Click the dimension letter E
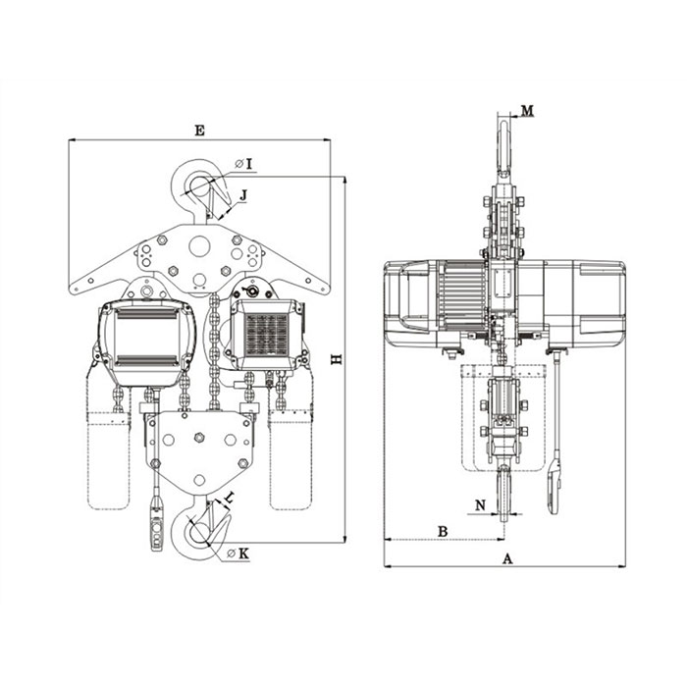[199, 131]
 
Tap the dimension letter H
[337, 359]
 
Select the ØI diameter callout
[244, 164]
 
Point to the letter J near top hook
[243, 195]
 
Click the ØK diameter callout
[238, 554]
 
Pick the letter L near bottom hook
[230, 497]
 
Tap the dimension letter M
[528, 110]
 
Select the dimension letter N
[481, 505]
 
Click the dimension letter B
[443, 532]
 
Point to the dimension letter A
[507, 558]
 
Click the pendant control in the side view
[554, 487]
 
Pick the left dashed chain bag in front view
[109, 460]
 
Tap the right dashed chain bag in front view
[291, 460]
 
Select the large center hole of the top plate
[199, 245]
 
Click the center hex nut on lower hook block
[199, 437]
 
